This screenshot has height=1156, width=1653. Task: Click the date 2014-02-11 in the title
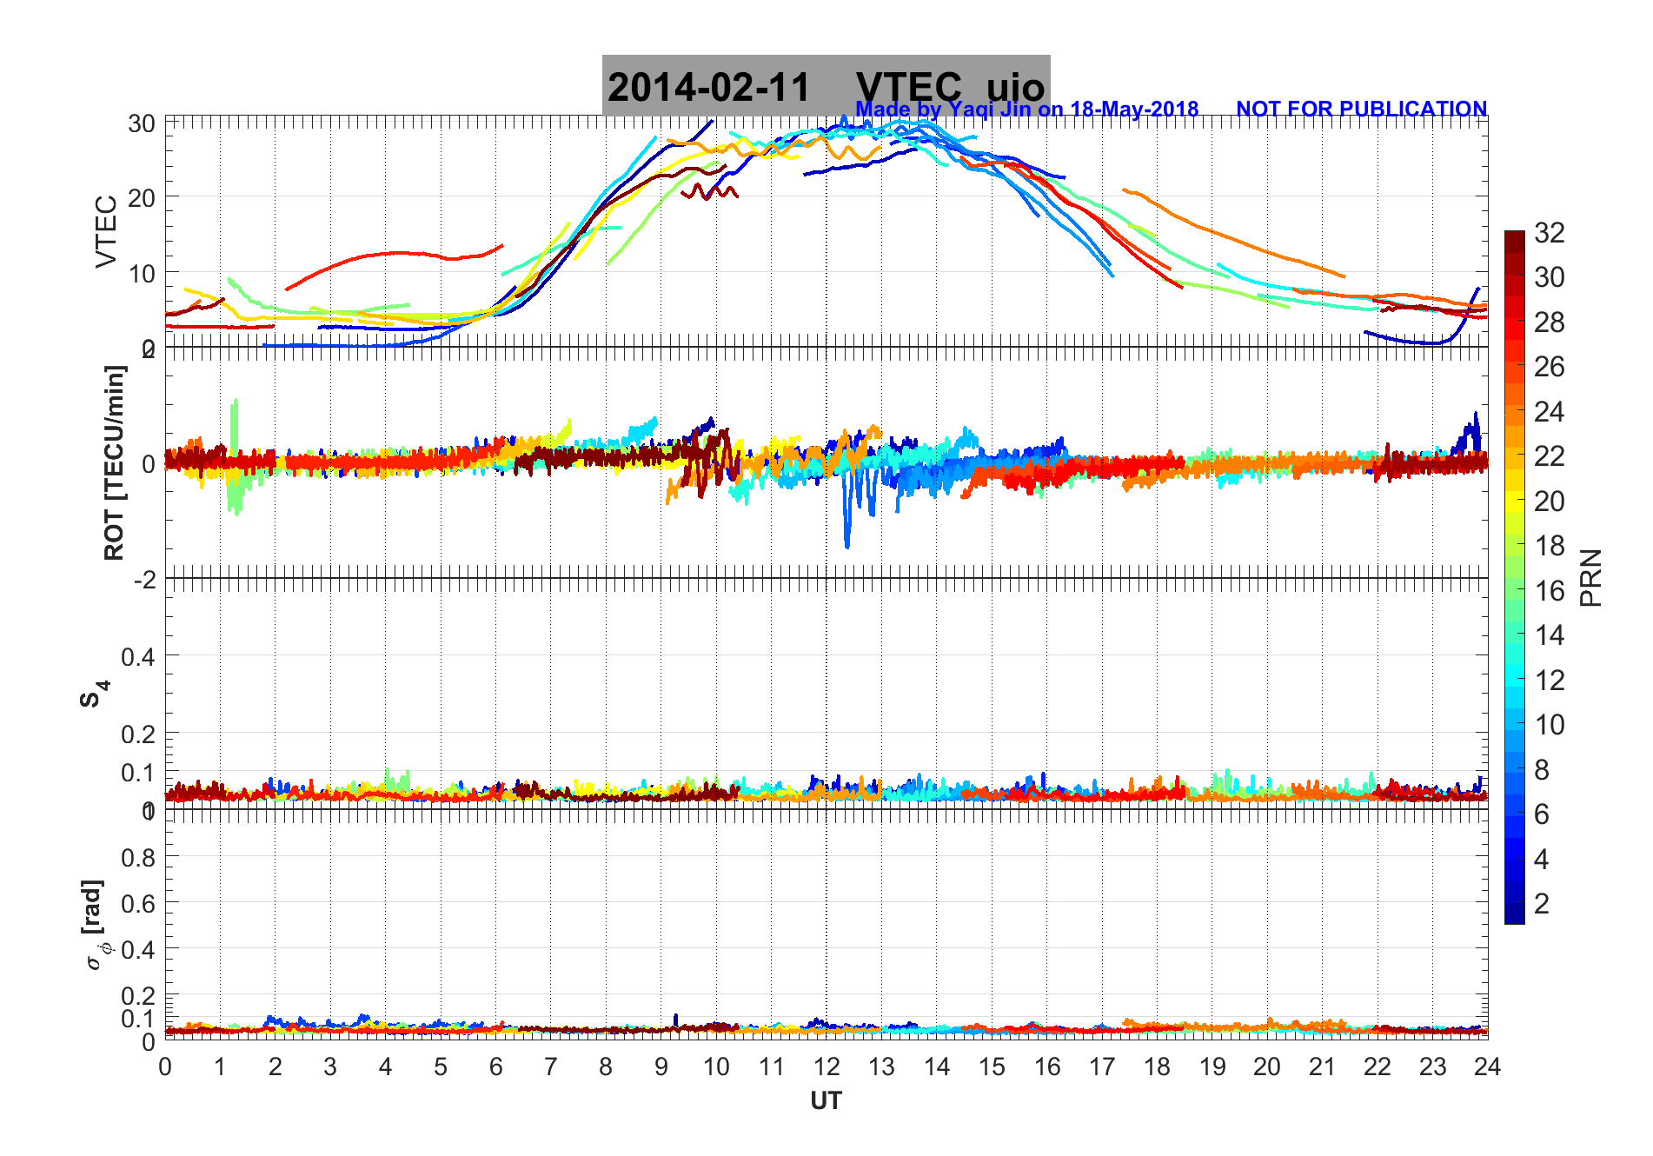[708, 88]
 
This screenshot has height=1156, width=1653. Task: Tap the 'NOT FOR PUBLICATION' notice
[1361, 110]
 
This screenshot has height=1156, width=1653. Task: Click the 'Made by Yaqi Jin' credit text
[1026, 110]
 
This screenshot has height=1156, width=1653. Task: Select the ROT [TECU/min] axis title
[114, 462]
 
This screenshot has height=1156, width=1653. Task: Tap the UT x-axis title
[826, 1101]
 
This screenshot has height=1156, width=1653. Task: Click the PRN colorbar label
[1591, 578]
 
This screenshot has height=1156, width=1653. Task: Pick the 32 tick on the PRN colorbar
[1549, 233]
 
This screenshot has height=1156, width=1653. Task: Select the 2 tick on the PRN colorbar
[1542, 904]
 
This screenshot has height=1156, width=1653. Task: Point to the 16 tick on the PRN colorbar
[1549, 591]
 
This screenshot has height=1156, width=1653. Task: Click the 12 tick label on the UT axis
[826, 1066]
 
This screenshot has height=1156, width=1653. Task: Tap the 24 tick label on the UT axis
[1487, 1066]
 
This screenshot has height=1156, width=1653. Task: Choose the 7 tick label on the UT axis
[551, 1066]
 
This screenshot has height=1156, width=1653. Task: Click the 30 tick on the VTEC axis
[142, 124]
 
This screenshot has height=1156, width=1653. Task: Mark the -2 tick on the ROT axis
[144, 579]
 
